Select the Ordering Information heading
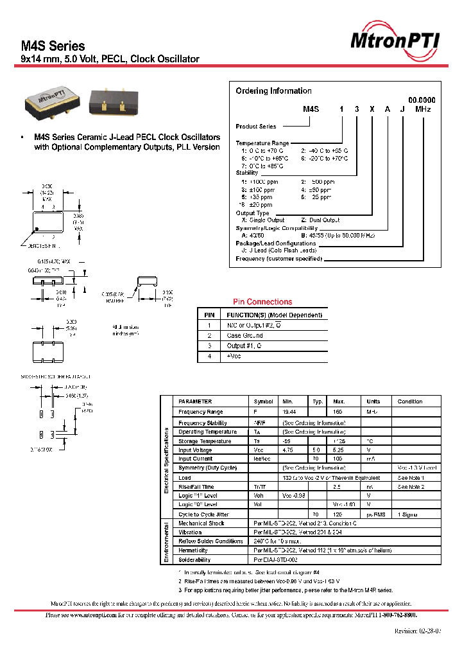pos(273,91)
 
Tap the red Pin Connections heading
pos(262,302)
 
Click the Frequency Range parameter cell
pos(201,412)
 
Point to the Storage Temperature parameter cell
pos(205,441)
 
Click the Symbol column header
pos(263,401)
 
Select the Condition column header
pos(409,401)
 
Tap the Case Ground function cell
pos(244,336)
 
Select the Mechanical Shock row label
pos(202,523)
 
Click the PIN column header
pos(209,315)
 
